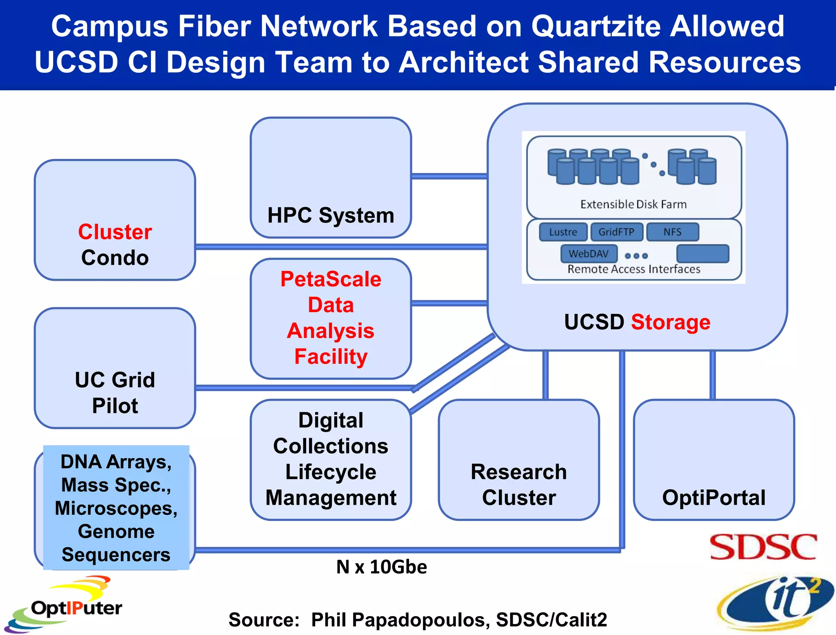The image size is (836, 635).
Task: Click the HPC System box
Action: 331,178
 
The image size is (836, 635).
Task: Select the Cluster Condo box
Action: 115,220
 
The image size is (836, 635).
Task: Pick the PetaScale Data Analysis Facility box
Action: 331,319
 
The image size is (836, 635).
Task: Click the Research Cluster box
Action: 519,460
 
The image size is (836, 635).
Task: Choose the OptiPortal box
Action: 714,460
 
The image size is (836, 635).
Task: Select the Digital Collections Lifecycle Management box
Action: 331,460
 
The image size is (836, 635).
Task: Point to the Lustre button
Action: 563,232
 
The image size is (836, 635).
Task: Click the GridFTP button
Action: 616,232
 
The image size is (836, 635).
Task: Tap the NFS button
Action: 672,232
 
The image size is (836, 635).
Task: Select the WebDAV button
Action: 589,254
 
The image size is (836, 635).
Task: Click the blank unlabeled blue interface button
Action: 703,254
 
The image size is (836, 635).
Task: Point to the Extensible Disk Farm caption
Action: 634,204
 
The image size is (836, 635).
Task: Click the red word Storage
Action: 671,322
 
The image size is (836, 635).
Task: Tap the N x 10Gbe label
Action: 382,567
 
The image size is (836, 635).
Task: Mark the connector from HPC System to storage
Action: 449,176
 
